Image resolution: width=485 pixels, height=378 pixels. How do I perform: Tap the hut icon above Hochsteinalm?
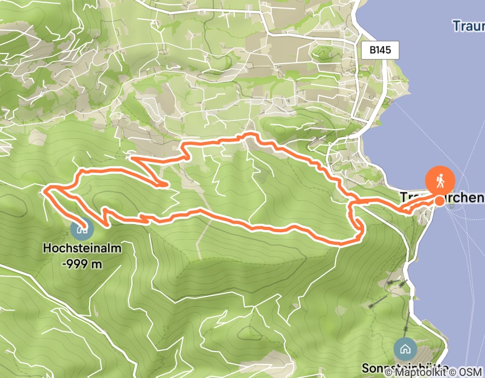(x=82, y=229)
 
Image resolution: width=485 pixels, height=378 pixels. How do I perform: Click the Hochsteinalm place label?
(x=81, y=249)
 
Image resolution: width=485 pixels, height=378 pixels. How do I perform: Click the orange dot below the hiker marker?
(x=440, y=201)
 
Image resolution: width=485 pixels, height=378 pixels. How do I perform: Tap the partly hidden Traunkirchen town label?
(x=442, y=198)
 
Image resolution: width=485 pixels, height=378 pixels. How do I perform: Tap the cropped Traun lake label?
(x=468, y=25)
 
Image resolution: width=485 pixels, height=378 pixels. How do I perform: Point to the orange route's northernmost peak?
(x=248, y=133)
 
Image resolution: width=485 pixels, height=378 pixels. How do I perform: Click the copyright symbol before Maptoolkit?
(x=389, y=373)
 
